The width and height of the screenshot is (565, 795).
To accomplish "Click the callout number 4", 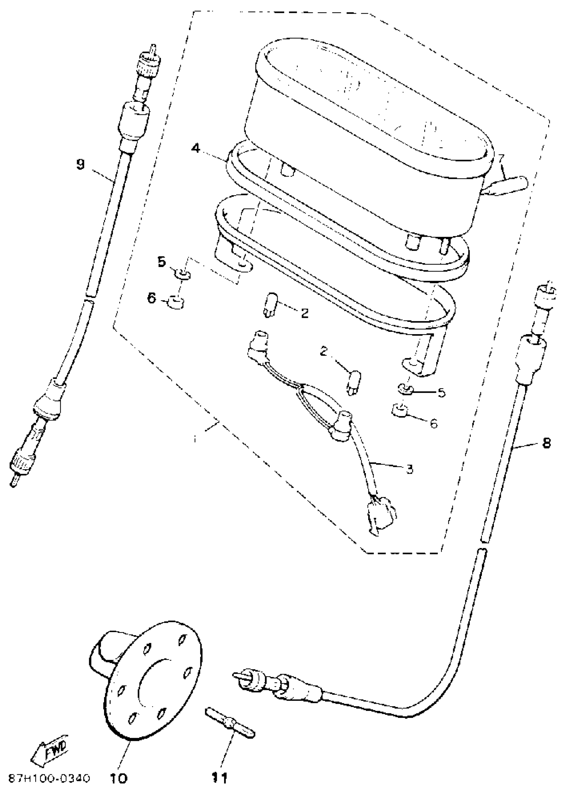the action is (x=196, y=149).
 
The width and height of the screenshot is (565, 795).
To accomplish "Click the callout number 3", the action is (x=409, y=469).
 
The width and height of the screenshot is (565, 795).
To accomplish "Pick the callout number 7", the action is (x=501, y=159).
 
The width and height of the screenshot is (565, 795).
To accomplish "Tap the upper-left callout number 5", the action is (x=162, y=262).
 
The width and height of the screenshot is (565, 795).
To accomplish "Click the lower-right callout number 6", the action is (x=433, y=424).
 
